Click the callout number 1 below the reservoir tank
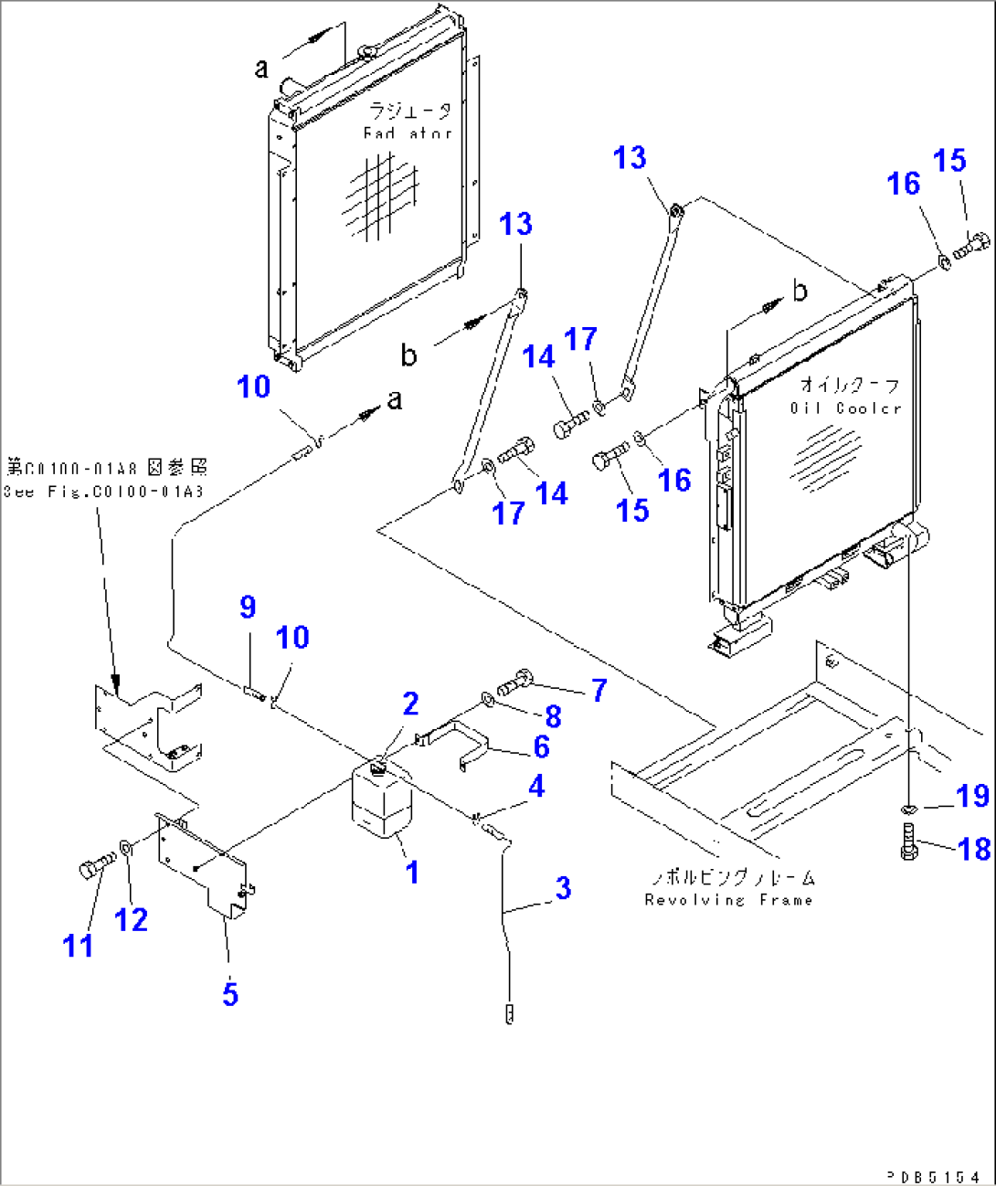point(412,873)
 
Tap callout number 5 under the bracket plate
point(230,993)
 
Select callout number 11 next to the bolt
point(79,945)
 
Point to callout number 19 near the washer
point(972,796)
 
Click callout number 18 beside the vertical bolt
point(974,849)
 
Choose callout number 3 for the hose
point(563,887)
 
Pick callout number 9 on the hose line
point(248,607)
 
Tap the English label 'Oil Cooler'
point(845,408)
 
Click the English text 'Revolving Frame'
point(728,900)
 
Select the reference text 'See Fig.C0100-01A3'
point(103,492)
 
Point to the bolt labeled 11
point(96,865)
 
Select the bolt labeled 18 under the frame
point(907,842)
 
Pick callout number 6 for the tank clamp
point(541,747)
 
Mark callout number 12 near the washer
point(131,919)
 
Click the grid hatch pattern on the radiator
point(381,196)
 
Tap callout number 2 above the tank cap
point(410,704)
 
